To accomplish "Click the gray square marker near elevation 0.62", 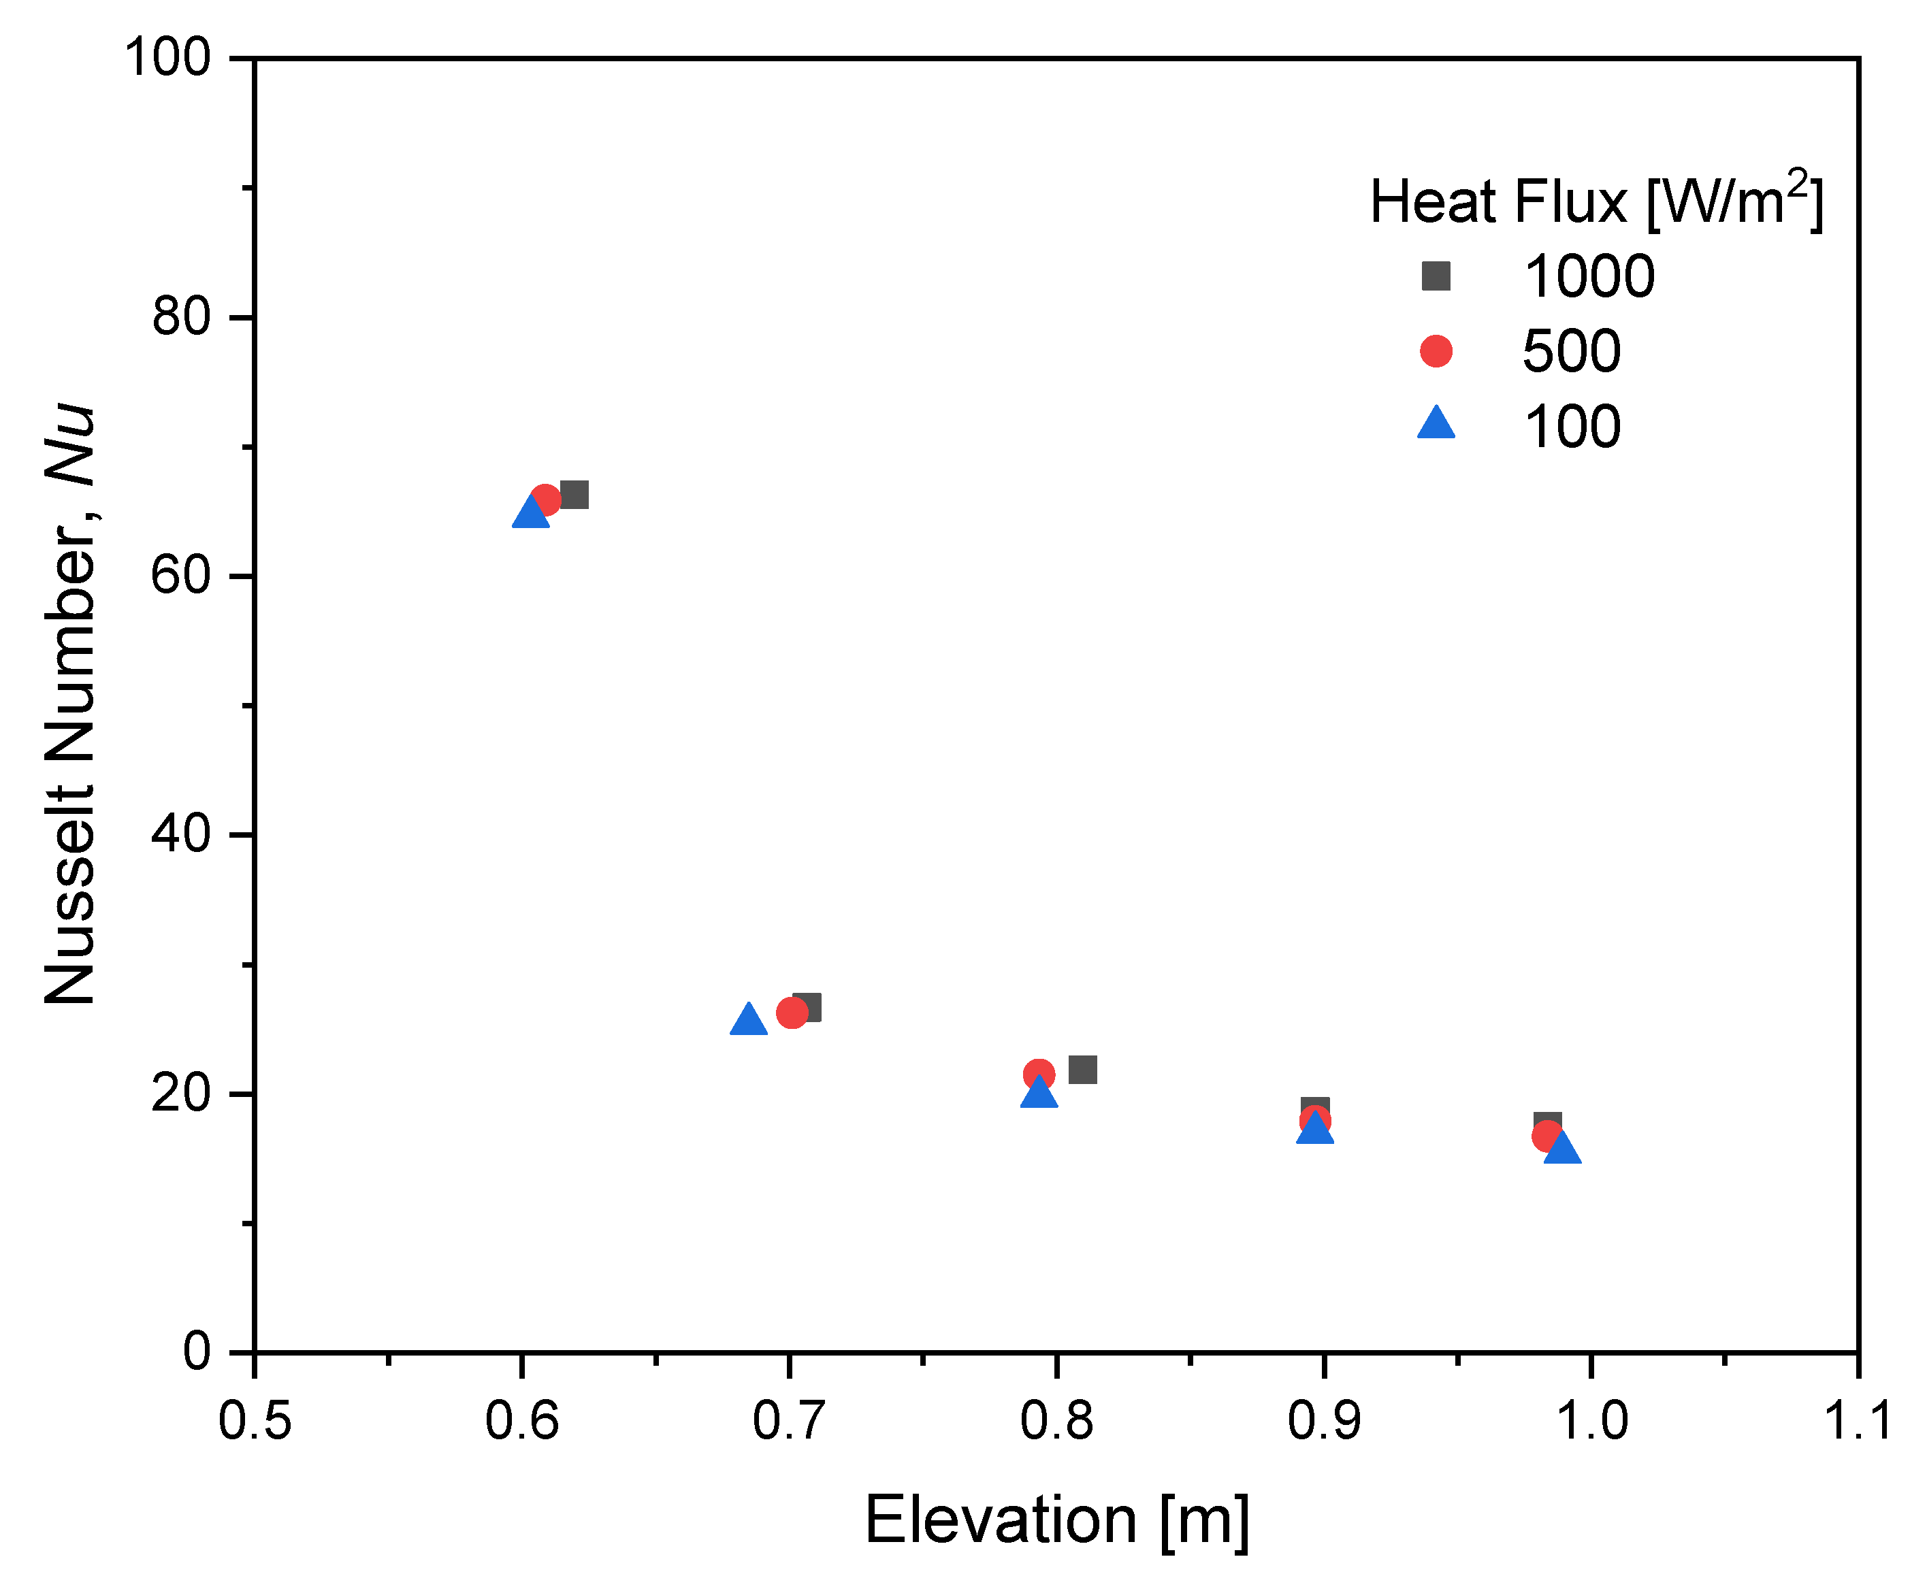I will pos(574,495).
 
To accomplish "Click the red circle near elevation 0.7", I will pos(792,1013).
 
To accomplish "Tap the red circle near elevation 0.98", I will pos(1547,1136).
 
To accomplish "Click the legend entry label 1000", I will pos(1589,276).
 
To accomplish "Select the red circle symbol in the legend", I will pos(1436,351).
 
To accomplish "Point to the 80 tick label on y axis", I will pos(181,317).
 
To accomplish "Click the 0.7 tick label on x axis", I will pos(789,1421).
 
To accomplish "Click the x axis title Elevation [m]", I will pos(1056,1520).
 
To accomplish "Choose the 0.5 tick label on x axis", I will pos(255,1421).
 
